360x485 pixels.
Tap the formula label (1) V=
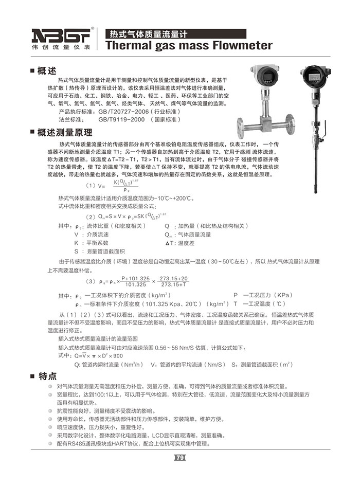point(95,185)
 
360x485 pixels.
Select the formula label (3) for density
point(91,281)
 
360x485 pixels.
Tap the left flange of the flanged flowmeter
point(241,127)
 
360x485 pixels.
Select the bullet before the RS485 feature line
point(50,443)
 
